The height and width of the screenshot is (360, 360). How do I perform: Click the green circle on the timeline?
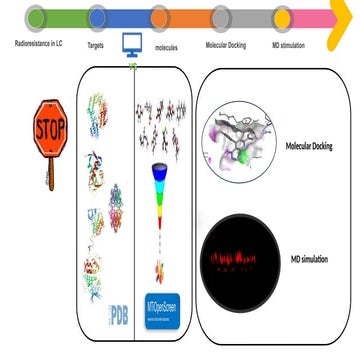pyautogui.click(x=36, y=17)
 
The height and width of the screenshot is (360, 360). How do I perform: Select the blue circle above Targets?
pyautogui.click(x=98, y=17)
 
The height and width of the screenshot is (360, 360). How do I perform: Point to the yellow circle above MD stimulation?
pyautogui.click(x=283, y=17)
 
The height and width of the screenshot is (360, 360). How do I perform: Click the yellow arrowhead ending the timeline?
pyautogui.click(x=345, y=17)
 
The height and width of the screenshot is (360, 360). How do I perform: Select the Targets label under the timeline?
pyautogui.click(x=98, y=45)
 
